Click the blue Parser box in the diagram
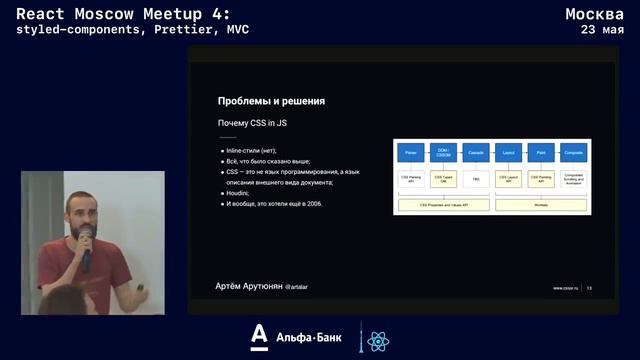pyautogui.click(x=410, y=153)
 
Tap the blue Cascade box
pyautogui.click(x=476, y=153)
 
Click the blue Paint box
pyautogui.click(x=541, y=153)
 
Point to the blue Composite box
pyautogui.click(x=574, y=153)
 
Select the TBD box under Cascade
pyautogui.click(x=476, y=180)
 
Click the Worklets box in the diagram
pyautogui.click(x=541, y=204)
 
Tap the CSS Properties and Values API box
pyautogui.click(x=443, y=204)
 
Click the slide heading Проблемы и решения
pyautogui.click(x=271, y=101)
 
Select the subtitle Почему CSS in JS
pyautogui.click(x=254, y=123)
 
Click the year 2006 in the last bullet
pyautogui.click(x=314, y=204)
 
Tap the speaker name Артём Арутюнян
pyautogui.click(x=249, y=286)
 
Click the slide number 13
pyautogui.click(x=589, y=288)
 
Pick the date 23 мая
pyautogui.click(x=603, y=30)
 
